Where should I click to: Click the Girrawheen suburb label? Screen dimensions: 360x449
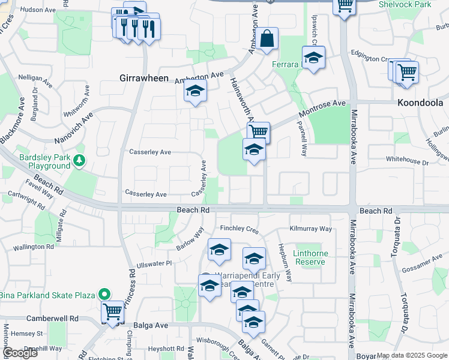coord(142,79)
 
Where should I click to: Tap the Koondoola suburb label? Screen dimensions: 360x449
coord(420,103)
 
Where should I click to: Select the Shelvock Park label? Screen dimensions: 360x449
coord(405,4)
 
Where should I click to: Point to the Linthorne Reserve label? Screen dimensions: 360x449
coord(310,258)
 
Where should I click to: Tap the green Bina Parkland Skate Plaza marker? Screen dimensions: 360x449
coord(104,295)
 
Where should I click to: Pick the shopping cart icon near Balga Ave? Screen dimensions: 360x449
coord(112,311)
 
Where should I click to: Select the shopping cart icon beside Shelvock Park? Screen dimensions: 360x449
coord(344,6)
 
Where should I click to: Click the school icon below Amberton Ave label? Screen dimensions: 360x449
coord(194,91)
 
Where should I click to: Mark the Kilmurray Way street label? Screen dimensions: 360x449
coord(310,229)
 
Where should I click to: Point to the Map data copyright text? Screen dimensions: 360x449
coord(411,355)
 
